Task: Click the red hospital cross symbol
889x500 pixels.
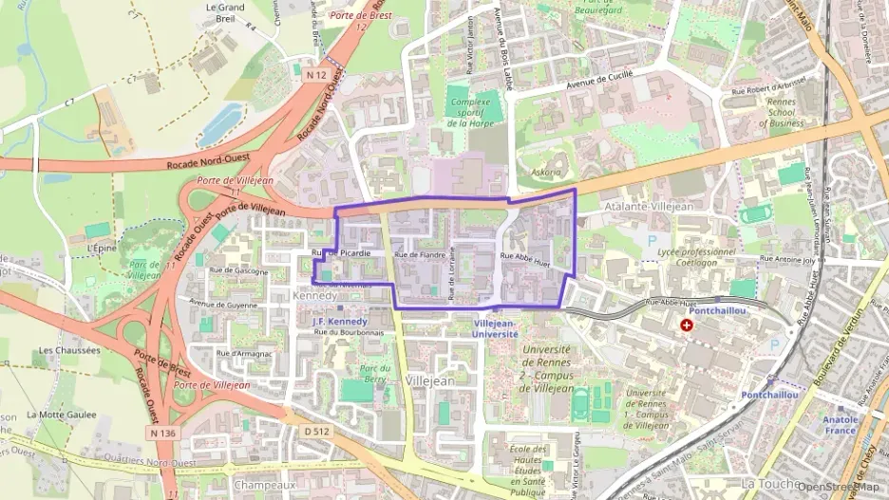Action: (686, 324)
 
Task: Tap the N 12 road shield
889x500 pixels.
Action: (317, 72)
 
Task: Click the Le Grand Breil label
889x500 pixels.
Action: (225, 13)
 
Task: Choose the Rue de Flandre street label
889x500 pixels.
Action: (420, 255)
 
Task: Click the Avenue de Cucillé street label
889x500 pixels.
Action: (599, 84)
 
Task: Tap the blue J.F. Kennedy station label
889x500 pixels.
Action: (339, 322)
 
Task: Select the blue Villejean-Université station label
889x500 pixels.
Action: (496, 328)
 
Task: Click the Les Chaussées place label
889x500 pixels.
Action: (69, 350)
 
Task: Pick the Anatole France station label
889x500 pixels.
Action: (841, 424)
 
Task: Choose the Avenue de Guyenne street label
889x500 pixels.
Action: (223, 305)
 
